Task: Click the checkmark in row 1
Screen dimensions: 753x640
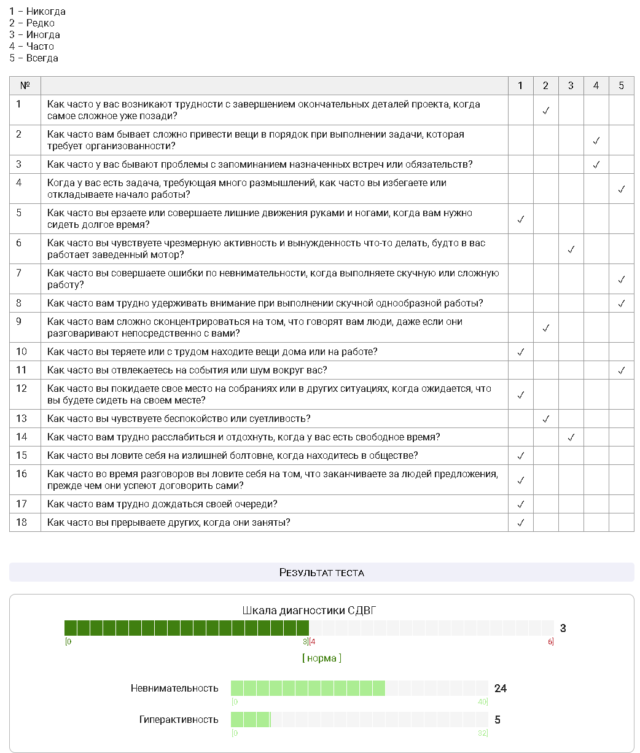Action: point(545,111)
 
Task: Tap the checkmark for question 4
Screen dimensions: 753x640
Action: point(621,189)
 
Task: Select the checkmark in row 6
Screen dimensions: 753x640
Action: point(571,249)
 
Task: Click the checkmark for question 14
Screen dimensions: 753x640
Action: point(571,437)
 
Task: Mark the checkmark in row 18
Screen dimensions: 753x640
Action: point(520,523)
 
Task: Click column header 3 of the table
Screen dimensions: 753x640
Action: point(571,85)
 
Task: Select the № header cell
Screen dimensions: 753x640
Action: point(25,85)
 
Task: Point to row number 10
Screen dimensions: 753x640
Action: point(21,352)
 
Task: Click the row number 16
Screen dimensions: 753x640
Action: point(21,474)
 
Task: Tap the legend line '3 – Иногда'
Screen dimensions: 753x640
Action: point(34,35)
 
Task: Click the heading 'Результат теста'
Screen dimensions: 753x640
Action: point(321,572)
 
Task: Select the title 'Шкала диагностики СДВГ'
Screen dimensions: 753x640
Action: point(310,611)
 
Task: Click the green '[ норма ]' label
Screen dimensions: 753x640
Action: point(321,658)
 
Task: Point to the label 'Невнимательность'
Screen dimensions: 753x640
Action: point(174,689)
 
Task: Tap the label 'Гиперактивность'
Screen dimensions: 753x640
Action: point(179,720)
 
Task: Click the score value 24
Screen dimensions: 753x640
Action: point(501,689)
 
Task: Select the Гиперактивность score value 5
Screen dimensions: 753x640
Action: point(498,720)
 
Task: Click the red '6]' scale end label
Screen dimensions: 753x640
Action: point(551,642)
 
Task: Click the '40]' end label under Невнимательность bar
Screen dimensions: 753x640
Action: point(483,701)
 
